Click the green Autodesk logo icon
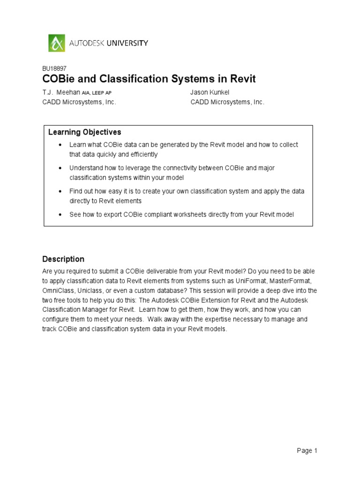(x=57, y=43)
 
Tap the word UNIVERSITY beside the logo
(x=127, y=43)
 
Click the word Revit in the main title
(x=241, y=79)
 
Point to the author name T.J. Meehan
(x=59, y=92)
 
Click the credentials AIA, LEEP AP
(x=97, y=93)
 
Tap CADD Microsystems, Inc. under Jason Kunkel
(x=227, y=102)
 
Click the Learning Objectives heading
(x=85, y=132)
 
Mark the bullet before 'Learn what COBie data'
(x=60, y=145)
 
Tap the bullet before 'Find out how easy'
(x=60, y=191)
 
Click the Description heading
(x=63, y=259)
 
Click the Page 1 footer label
(x=307, y=451)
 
